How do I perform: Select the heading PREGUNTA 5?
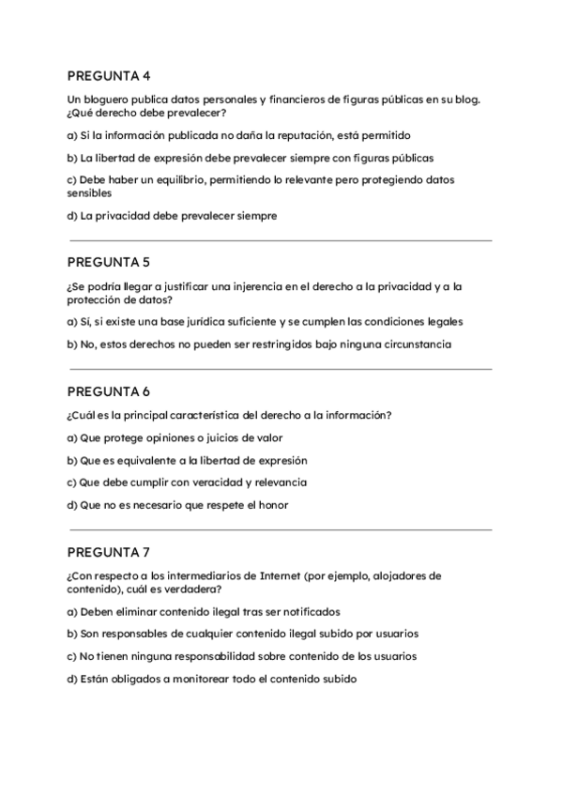tap(110, 261)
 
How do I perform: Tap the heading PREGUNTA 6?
tap(110, 390)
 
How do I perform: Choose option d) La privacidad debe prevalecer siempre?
tap(172, 216)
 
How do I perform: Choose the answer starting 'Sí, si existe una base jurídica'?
tap(265, 321)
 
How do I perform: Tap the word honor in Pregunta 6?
tap(272, 505)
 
